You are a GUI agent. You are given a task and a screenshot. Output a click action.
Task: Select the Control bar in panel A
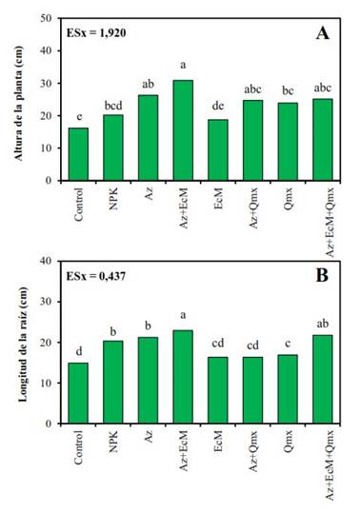click(77, 153)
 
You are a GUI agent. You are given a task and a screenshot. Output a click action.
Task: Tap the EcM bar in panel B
click(216, 390)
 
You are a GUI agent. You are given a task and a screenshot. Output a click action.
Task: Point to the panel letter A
click(323, 34)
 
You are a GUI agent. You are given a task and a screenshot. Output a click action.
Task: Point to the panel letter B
click(323, 279)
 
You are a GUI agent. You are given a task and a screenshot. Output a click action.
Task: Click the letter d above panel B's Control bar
click(77, 352)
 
